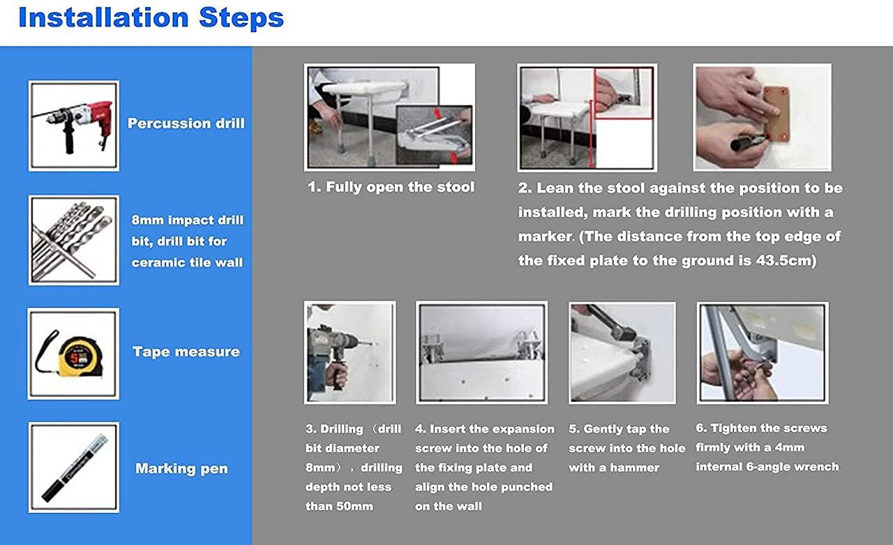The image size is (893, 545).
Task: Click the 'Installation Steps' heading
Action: [x=151, y=18]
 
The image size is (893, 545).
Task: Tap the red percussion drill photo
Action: [x=74, y=126]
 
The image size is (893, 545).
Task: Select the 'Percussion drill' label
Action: [x=186, y=124]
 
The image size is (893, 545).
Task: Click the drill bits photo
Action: [x=74, y=241]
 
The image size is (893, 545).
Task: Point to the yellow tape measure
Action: [x=80, y=356]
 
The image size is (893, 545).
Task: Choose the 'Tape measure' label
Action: [x=186, y=352]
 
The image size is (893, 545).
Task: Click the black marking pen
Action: [x=75, y=468]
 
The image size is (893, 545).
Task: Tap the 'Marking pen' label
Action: [x=182, y=468]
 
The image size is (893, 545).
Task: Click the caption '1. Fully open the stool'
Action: [x=391, y=187]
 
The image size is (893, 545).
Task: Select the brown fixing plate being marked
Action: [x=776, y=114]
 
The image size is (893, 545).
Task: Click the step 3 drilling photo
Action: [x=350, y=352]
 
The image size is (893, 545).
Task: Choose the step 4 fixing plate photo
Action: [x=481, y=352]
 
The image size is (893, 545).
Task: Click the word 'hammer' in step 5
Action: [x=634, y=468]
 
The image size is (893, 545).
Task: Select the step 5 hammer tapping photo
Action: [x=622, y=353]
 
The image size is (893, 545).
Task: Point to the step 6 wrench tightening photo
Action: [x=763, y=353]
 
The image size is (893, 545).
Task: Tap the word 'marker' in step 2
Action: [x=545, y=237]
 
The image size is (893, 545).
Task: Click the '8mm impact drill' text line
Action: [x=188, y=220]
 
